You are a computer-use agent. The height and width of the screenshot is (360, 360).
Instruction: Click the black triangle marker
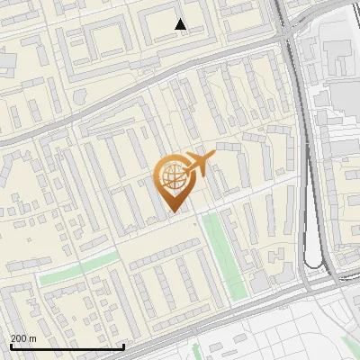181,24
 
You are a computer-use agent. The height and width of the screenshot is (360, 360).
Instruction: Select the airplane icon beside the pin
199,165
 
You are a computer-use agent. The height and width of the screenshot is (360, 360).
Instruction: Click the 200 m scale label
24,338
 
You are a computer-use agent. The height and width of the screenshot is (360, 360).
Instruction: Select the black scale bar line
67,346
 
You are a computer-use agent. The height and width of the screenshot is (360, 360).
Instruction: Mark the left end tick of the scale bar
11,346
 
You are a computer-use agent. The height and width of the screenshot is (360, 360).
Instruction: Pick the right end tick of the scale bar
123,346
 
